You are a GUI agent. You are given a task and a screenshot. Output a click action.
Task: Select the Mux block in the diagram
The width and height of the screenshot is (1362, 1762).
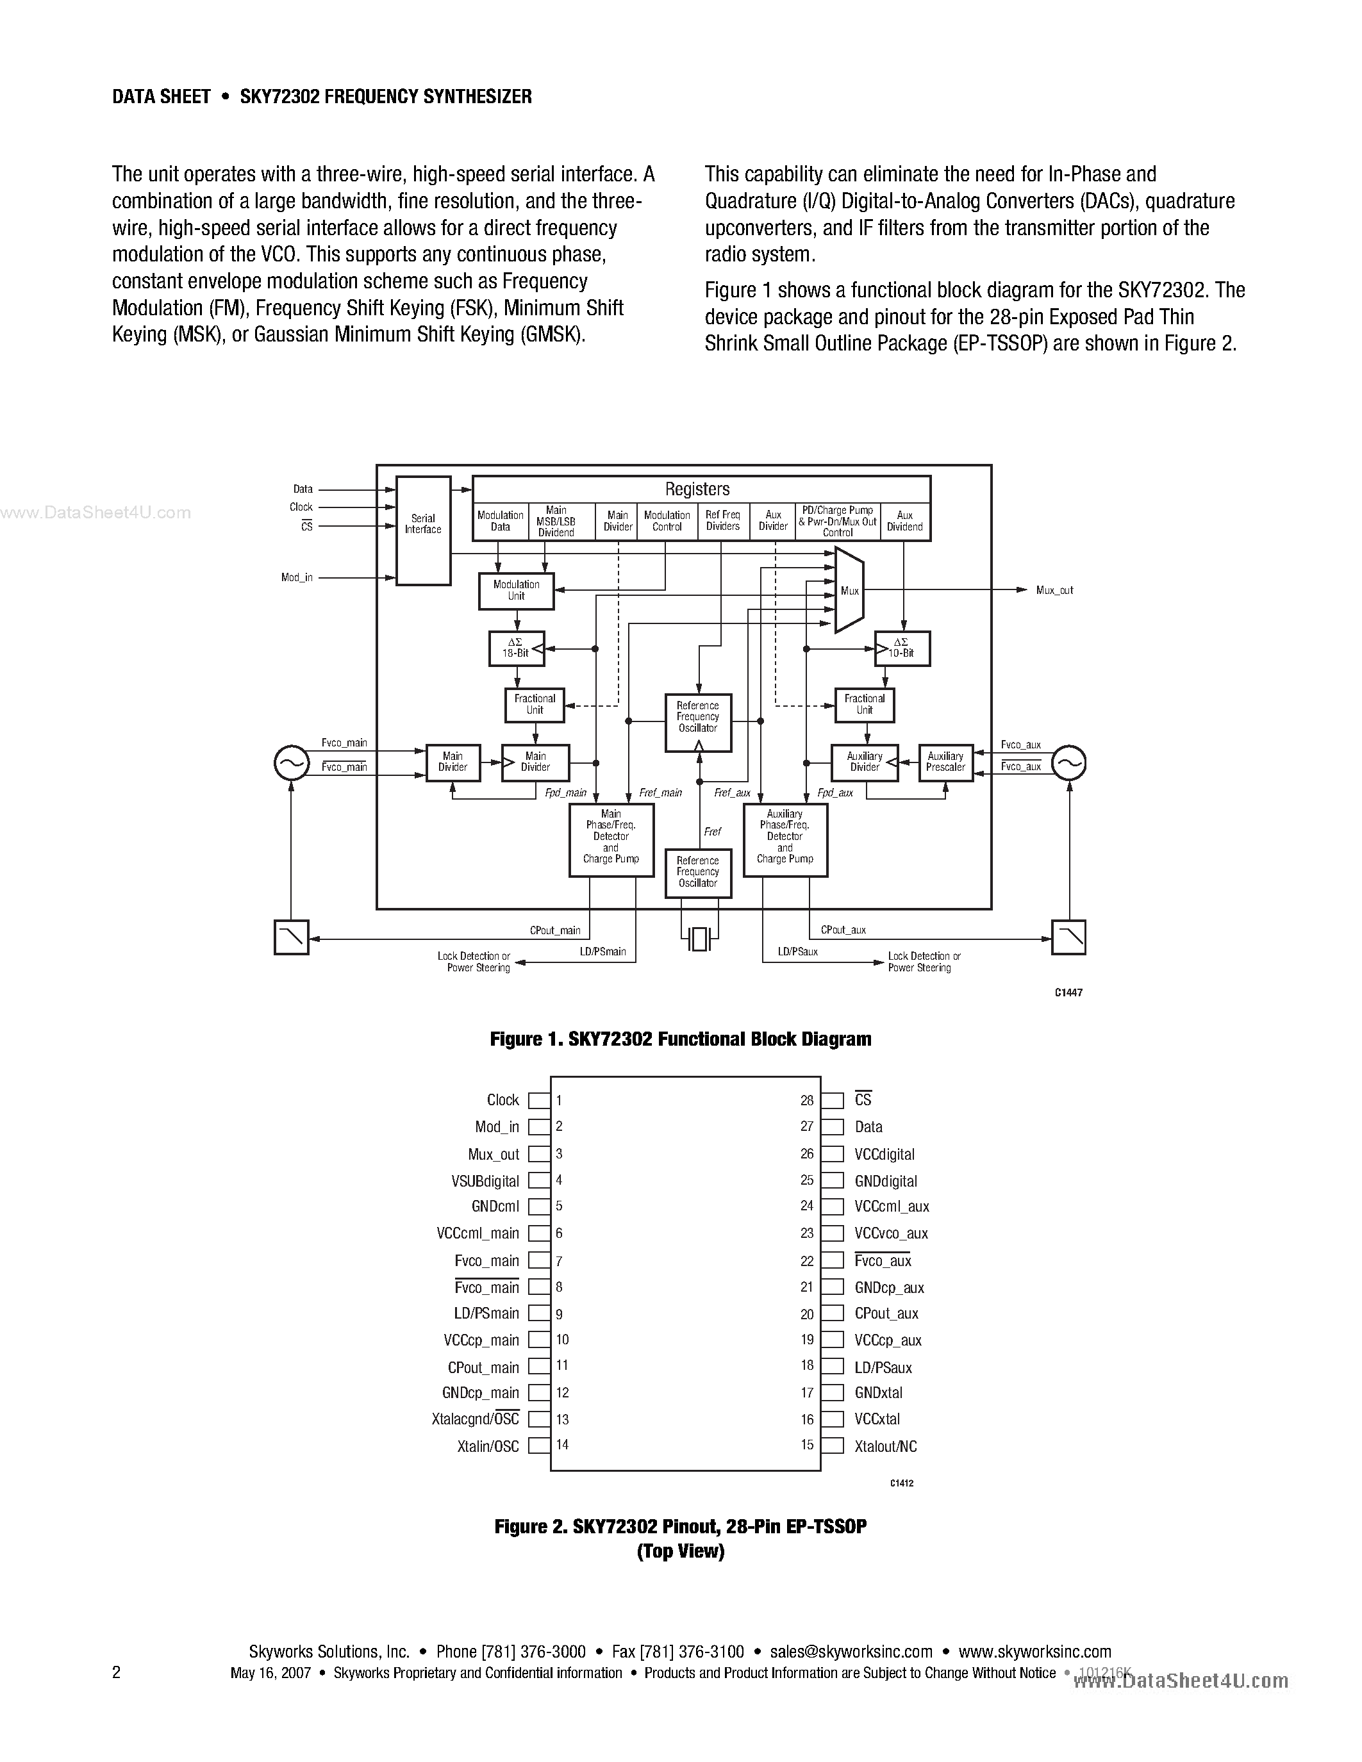click(849, 591)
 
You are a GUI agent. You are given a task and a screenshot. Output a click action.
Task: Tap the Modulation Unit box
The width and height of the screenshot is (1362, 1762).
click(517, 591)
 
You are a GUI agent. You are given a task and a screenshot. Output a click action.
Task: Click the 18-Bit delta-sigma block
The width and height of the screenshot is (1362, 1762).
click(517, 648)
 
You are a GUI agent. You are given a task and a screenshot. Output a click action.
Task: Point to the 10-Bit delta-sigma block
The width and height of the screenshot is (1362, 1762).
click(902, 648)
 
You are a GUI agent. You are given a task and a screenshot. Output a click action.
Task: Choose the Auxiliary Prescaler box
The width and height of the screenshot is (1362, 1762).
click(945, 762)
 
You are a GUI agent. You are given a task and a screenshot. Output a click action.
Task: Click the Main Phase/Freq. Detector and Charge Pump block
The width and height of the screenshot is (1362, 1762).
click(611, 840)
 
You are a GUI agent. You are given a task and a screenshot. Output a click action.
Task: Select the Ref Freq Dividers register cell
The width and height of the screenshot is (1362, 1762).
click(722, 521)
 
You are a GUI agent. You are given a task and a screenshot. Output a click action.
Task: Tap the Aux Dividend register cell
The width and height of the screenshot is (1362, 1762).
click(904, 521)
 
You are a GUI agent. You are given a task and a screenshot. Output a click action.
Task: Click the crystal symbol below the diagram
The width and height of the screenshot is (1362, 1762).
click(698, 938)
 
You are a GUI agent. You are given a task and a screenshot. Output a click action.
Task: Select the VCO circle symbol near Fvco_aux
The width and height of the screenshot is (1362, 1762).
click(1069, 762)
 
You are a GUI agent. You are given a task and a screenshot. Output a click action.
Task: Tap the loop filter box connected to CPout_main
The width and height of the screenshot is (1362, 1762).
click(291, 937)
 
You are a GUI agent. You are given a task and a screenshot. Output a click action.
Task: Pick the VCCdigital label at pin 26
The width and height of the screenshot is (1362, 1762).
click(884, 1155)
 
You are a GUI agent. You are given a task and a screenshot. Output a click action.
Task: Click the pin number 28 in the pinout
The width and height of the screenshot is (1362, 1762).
click(807, 1100)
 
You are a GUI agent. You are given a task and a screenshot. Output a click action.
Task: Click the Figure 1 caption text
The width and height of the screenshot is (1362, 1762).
click(680, 1039)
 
